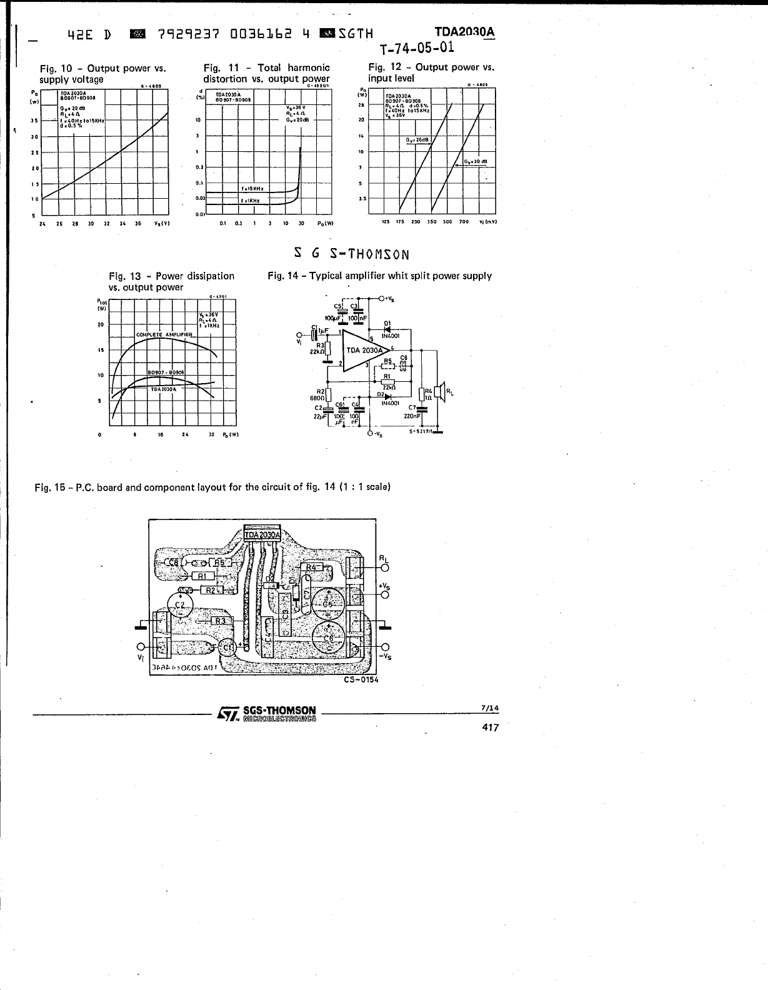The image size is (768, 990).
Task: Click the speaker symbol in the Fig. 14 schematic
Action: click(441, 392)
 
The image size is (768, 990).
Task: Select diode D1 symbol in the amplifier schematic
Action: click(387, 329)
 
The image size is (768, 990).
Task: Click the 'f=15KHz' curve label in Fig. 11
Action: click(252, 188)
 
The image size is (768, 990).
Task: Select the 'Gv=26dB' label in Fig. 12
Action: click(416, 139)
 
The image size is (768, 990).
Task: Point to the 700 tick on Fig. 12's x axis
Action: click(464, 221)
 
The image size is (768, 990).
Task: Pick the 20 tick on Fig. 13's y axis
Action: click(100, 325)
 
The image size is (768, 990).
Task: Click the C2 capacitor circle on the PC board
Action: click(180, 605)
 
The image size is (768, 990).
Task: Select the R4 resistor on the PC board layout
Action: click(314, 567)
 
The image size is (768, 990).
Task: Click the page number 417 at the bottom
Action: click(491, 727)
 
